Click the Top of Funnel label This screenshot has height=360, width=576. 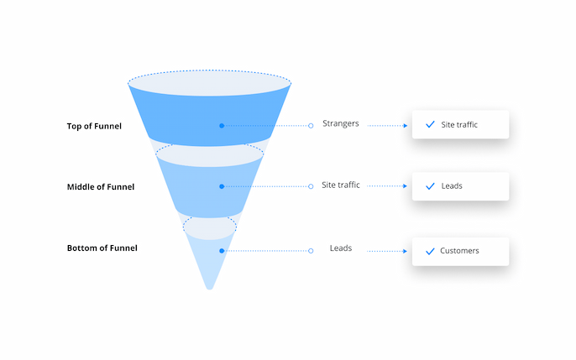[x=94, y=126]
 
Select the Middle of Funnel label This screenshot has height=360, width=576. [x=101, y=187]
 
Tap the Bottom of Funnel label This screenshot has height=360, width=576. [x=102, y=248]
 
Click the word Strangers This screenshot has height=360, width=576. [x=341, y=123]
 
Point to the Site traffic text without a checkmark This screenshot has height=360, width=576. [x=341, y=185]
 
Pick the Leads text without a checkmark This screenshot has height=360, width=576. [x=341, y=248]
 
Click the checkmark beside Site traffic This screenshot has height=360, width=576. [x=430, y=124]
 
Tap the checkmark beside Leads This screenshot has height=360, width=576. [x=430, y=186]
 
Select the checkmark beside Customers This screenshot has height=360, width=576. [x=430, y=251]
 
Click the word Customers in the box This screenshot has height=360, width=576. [x=459, y=251]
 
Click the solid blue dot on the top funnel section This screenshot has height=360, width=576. [x=222, y=126]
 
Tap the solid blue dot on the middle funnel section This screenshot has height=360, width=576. [x=222, y=186]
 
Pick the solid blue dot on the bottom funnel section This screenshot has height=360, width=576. [x=222, y=251]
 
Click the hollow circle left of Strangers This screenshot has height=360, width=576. [x=311, y=126]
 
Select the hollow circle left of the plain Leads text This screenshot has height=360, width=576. [x=311, y=251]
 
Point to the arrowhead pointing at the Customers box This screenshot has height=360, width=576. [x=406, y=252]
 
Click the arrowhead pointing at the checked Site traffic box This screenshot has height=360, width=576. [x=406, y=126]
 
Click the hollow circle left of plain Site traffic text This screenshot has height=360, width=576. [x=311, y=186]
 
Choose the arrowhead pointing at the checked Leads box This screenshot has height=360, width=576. [x=406, y=186]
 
